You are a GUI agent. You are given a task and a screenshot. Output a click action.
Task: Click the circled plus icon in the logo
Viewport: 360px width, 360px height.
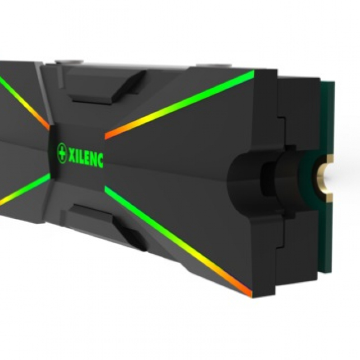click(x=61, y=152)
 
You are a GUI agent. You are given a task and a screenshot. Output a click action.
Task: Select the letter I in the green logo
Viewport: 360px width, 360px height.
click(x=78, y=156)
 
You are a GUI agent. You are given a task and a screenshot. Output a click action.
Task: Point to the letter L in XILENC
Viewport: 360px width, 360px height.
click(x=83, y=156)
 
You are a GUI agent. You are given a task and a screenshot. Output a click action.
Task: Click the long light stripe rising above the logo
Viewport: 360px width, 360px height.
click(x=179, y=105)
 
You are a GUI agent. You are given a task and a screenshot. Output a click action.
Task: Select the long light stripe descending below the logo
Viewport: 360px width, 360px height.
click(x=178, y=241)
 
